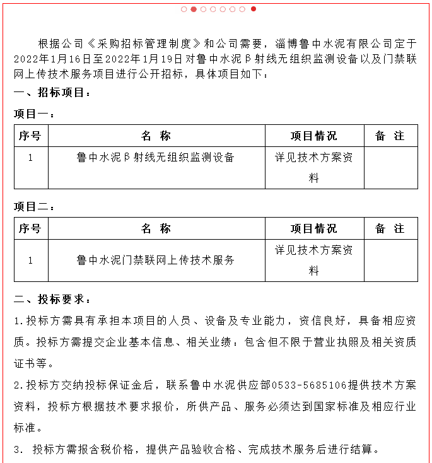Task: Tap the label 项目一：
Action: click(35, 114)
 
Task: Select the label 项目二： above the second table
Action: click(35, 207)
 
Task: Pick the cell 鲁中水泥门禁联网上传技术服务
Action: click(156, 259)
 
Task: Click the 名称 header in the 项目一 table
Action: click(156, 136)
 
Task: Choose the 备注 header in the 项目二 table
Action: click(390, 228)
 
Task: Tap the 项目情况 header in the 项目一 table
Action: click(313, 136)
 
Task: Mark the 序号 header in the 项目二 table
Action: click(30, 228)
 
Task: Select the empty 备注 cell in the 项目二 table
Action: click(390, 260)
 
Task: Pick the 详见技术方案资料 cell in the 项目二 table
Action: click(313, 260)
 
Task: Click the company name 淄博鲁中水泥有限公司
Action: click(339, 44)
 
